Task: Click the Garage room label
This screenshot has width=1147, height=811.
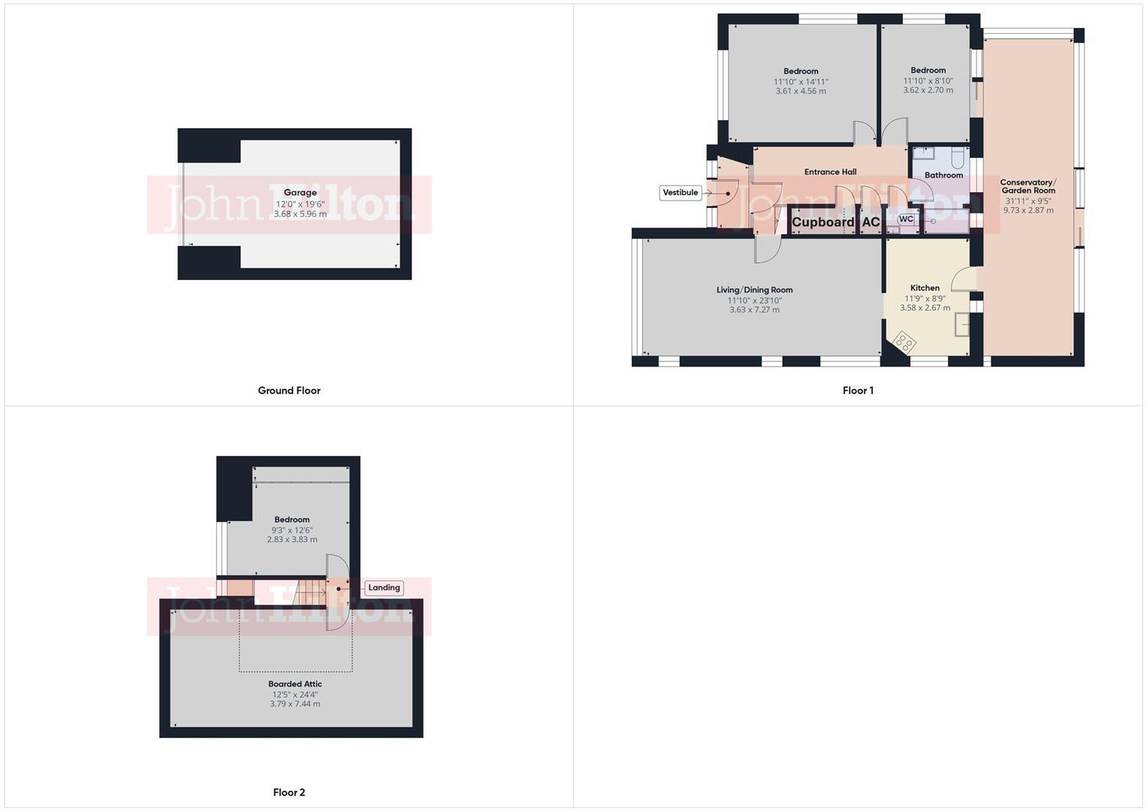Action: point(300,193)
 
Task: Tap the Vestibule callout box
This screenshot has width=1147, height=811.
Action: point(681,193)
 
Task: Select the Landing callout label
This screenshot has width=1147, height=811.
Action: point(384,588)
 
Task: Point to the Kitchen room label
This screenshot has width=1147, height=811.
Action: point(925,288)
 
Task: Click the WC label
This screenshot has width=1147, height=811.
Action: point(906,219)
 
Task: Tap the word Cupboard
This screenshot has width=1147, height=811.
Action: point(823,222)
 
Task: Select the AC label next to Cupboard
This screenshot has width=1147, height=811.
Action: point(871,222)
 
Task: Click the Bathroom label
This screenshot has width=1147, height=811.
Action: point(943,176)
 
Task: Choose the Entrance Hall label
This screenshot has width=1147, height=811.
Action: point(830,172)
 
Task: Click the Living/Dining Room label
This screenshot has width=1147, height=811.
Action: point(754,290)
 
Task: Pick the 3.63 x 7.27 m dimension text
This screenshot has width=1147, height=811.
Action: point(754,309)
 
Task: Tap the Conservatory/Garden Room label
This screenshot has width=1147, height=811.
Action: point(1028,186)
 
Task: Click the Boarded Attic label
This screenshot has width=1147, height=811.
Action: point(294,684)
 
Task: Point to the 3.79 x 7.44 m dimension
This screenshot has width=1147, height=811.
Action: point(294,704)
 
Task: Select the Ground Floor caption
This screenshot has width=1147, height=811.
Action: point(288,390)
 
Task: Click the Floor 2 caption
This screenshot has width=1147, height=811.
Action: point(288,792)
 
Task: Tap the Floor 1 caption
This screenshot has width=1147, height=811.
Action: point(858,390)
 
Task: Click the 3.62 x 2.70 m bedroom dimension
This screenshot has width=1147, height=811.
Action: point(928,90)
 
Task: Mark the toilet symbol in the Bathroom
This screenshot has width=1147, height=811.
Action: point(957,158)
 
